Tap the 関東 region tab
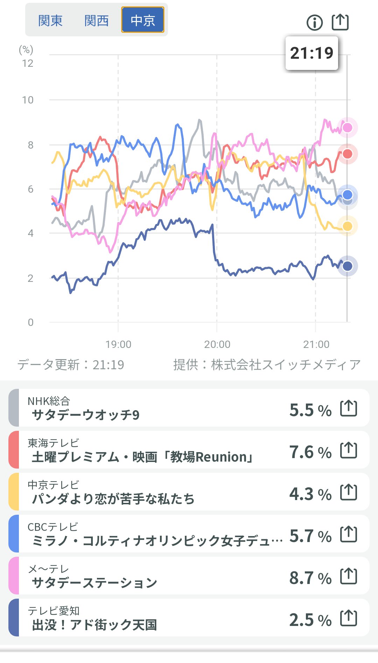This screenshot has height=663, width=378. click(x=50, y=21)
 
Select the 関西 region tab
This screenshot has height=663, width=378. click(x=97, y=21)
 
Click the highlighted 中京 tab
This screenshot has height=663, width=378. click(x=143, y=20)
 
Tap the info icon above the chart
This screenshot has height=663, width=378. click(x=315, y=23)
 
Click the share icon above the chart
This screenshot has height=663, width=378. click(x=340, y=22)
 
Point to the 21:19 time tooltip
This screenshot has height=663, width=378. click(x=312, y=53)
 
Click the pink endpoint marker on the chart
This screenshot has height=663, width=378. click(x=347, y=128)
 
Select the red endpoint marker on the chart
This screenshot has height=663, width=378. click(x=347, y=154)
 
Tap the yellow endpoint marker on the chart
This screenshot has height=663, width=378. click(x=347, y=226)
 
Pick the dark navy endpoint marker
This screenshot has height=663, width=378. click(x=347, y=266)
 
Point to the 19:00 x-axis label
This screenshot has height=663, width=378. click(x=118, y=344)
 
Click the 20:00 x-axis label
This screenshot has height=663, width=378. click(x=217, y=344)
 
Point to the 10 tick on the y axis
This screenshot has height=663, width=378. click(x=28, y=100)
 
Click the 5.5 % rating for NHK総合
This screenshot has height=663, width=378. click(x=310, y=410)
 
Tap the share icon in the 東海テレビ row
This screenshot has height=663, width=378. click(x=349, y=450)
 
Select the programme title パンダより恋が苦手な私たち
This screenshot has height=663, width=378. click(x=113, y=499)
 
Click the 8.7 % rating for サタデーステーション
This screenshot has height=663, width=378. click(x=310, y=578)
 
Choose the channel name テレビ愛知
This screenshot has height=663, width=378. click(x=54, y=611)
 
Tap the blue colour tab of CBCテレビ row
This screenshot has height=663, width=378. click(x=14, y=534)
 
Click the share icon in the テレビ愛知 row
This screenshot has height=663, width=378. click(x=349, y=618)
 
